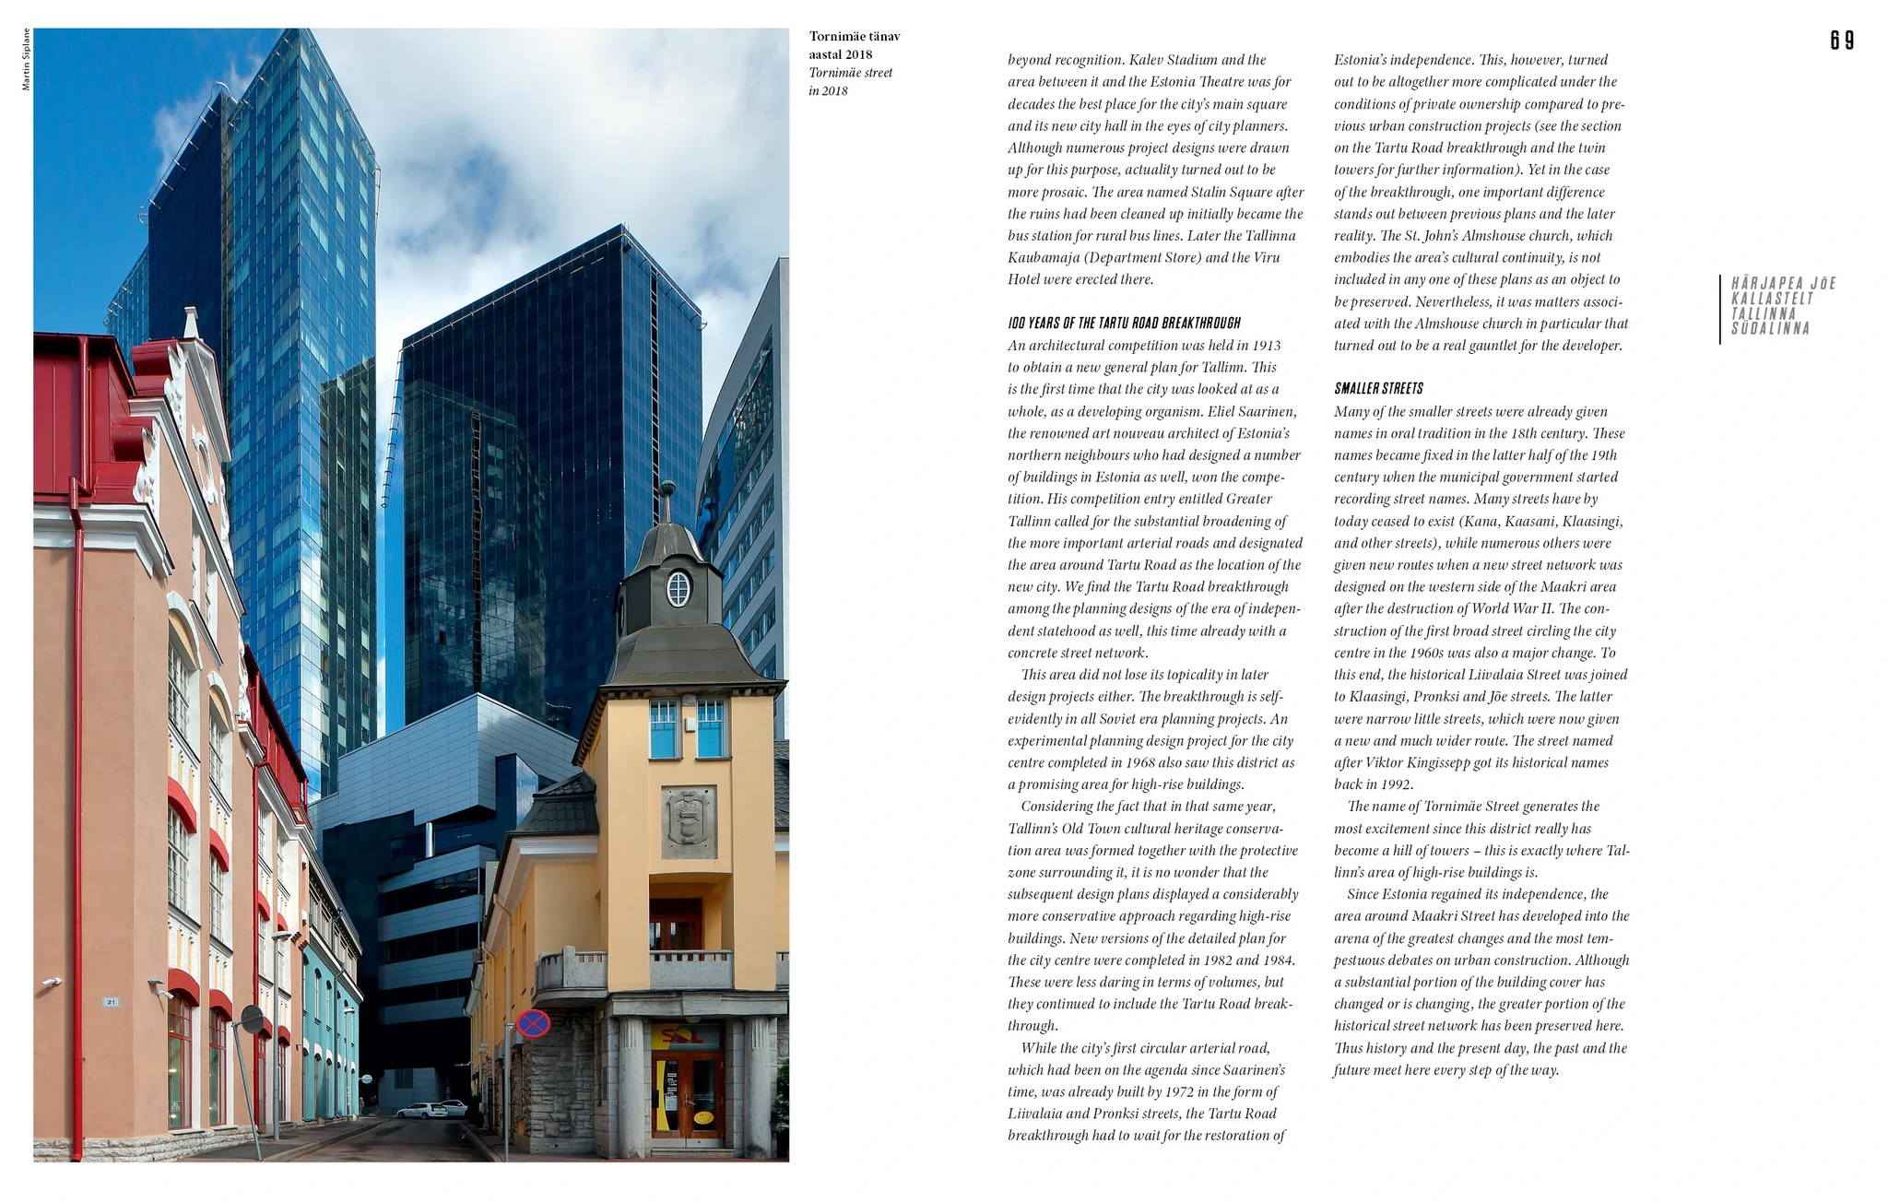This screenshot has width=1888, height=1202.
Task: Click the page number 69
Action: pos(1842,41)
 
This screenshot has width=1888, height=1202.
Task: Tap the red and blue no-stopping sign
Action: pos(533,1023)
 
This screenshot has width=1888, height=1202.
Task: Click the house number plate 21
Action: pos(111,1002)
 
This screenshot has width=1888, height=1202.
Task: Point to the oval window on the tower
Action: pos(678,588)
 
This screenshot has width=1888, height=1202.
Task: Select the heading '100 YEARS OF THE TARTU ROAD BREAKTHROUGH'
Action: pos(1124,324)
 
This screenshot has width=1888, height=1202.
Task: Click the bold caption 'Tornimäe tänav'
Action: pos(854,37)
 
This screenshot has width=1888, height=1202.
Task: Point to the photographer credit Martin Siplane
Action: pos(26,59)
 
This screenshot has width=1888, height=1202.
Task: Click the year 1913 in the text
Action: pos(1266,346)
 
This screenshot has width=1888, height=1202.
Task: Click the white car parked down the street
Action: pos(422,1111)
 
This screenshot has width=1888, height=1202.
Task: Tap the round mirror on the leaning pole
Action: pos(251,1019)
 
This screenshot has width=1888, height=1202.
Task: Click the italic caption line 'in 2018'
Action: pos(828,91)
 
